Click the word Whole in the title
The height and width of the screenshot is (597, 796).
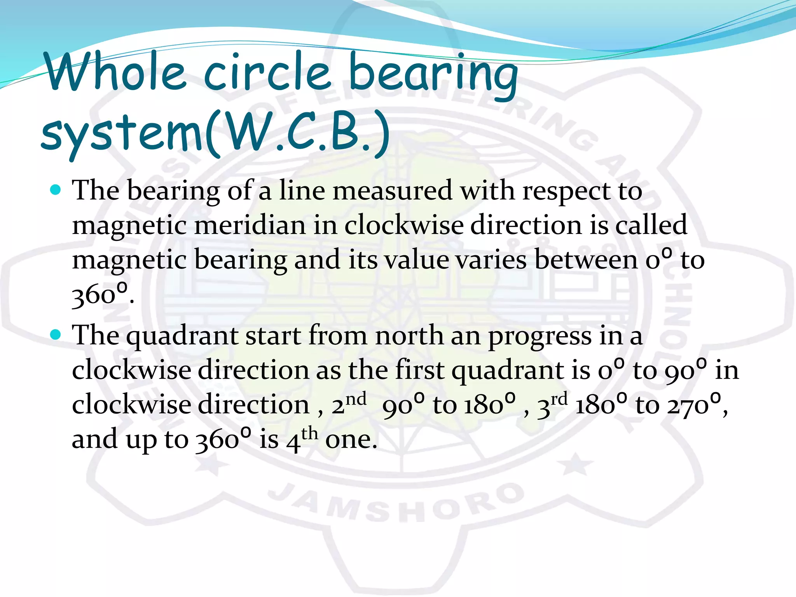pos(115,72)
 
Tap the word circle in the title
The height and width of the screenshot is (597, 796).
pos(267,72)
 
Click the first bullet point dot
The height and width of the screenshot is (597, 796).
pos(56,190)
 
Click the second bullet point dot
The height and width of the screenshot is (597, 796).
pos(56,335)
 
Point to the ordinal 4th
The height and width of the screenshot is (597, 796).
pos(302,438)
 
